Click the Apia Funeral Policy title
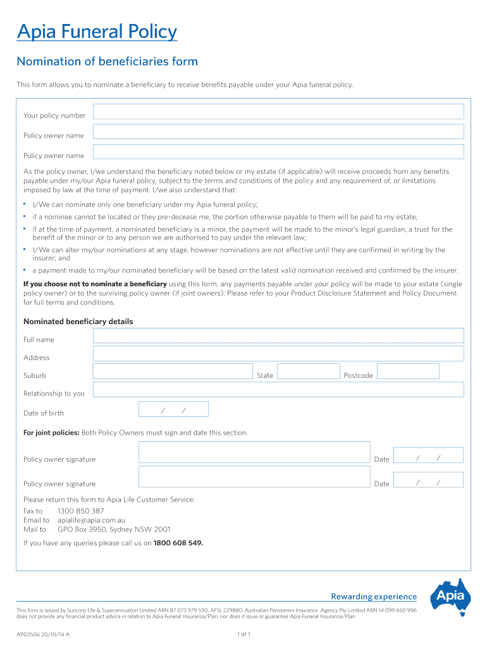(97, 32)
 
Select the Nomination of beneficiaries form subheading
(107, 61)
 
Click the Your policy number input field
(278, 112)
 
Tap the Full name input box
(278, 336)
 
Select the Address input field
(278, 354)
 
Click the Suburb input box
(173, 372)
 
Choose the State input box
(308, 372)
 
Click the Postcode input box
(407, 372)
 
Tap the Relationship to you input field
(278, 390)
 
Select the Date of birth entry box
(173, 409)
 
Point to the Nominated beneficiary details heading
(78, 322)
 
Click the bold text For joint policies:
(51, 433)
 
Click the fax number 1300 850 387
(81, 511)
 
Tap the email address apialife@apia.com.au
(96, 520)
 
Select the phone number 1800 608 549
(178, 543)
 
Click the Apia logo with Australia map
(450, 596)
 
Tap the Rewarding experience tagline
(374, 596)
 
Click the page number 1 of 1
(244, 634)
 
